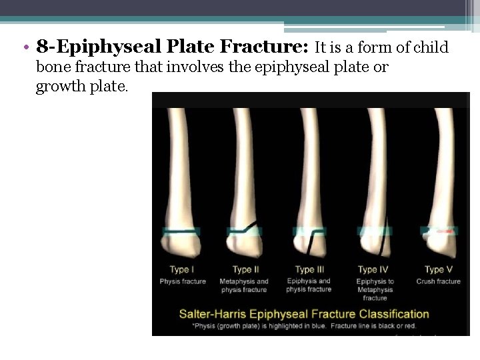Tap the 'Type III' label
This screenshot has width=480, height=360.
point(309,269)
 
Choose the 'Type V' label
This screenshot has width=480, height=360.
point(438,269)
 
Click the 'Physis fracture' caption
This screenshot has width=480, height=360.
point(183,281)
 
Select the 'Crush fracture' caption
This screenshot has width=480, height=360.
point(438,281)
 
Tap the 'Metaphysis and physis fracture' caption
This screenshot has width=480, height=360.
point(244,285)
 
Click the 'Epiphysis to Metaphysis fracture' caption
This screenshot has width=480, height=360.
point(375,289)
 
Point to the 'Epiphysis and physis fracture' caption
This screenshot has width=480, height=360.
point(309,285)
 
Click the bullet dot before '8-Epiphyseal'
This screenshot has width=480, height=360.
point(25,48)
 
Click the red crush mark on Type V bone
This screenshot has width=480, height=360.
point(448,231)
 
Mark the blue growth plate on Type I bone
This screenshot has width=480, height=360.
point(181,231)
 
